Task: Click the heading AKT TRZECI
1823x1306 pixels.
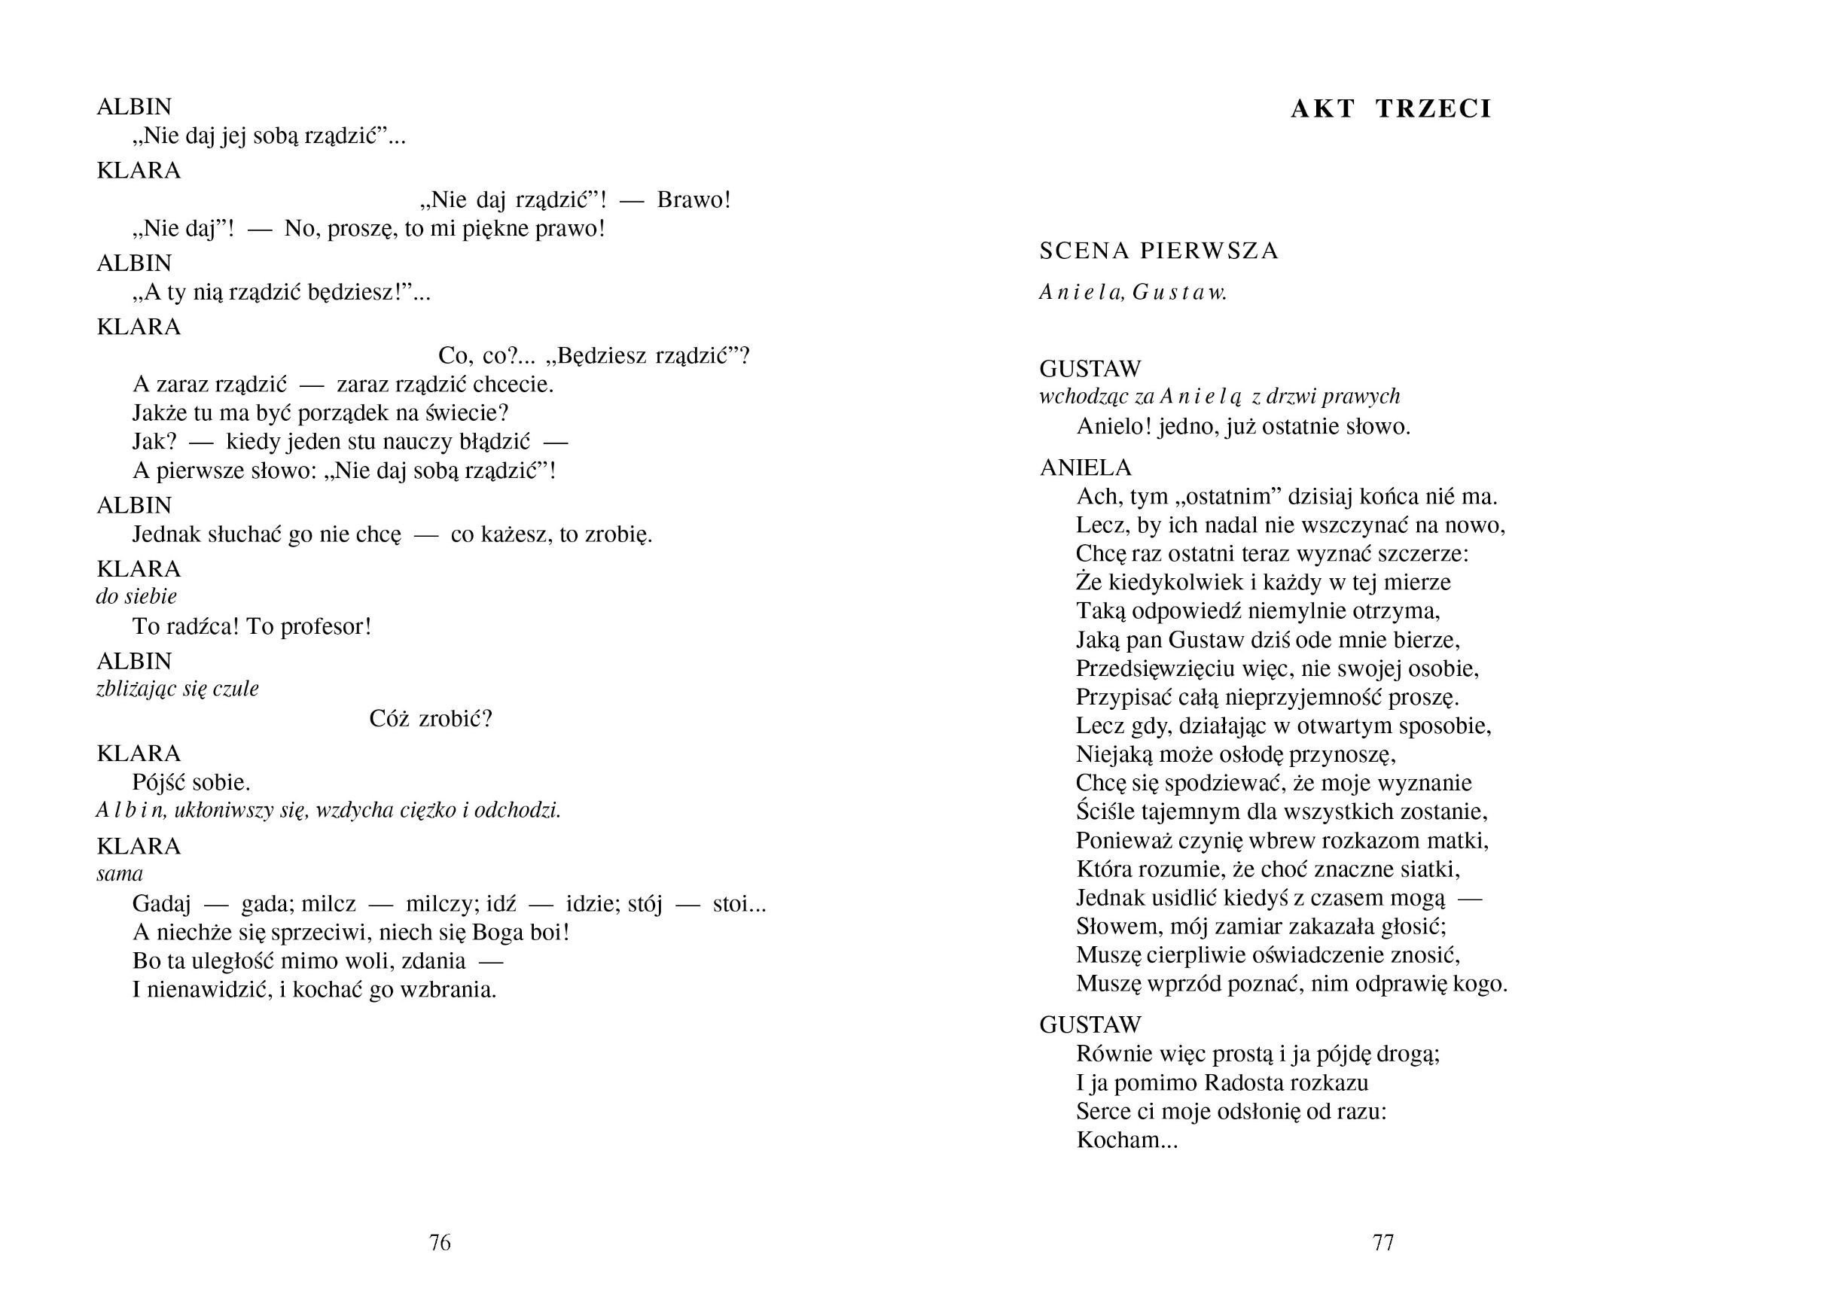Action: click(1391, 108)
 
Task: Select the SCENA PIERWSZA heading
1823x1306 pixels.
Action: click(1158, 251)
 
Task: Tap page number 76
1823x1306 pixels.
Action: click(440, 1243)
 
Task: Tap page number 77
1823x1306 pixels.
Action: click(1382, 1243)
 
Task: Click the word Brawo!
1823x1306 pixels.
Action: click(694, 199)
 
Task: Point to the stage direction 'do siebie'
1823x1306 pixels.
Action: click(136, 596)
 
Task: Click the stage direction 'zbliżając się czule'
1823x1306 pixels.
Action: click(177, 689)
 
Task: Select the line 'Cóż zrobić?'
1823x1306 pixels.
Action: click(430, 719)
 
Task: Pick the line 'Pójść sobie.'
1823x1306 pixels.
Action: click(191, 781)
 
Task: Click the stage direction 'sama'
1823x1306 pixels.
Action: click(119, 874)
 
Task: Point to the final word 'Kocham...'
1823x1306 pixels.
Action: click(1126, 1140)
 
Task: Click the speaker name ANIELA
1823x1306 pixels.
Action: click(1085, 467)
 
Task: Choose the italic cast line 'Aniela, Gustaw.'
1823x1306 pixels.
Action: click(1133, 292)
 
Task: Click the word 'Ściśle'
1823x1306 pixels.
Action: click(1106, 811)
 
